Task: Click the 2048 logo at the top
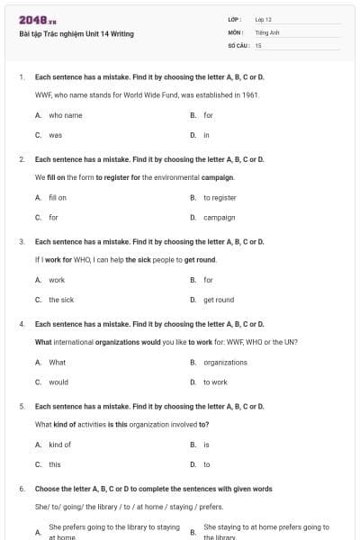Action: click(x=36, y=20)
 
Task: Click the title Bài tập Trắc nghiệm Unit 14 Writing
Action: click(x=76, y=34)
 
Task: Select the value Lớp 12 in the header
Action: click(x=263, y=19)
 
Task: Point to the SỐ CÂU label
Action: click(x=237, y=44)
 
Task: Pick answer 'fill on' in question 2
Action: click(x=58, y=197)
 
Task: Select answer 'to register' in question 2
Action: click(x=220, y=197)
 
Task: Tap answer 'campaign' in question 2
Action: click(x=219, y=217)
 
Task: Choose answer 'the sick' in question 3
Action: click(x=61, y=300)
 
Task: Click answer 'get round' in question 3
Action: click(x=219, y=300)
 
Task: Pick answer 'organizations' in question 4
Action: click(x=225, y=363)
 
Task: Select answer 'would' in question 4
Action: click(x=58, y=382)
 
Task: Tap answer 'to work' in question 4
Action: click(x=215, y=382)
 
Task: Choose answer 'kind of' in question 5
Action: click(x=59, y=445)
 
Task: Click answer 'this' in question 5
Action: click(x=55, y=464)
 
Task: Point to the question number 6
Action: click(x=21, y=488)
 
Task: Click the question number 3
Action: click(x=21, y=241)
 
